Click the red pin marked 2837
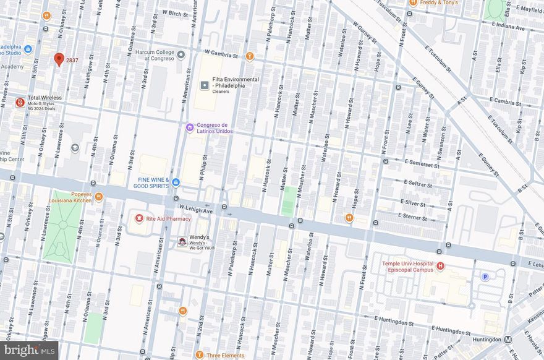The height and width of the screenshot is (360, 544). point(59,59)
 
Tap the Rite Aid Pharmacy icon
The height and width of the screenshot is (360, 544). point(140,219)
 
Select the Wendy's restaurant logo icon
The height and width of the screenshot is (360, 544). point(182,241)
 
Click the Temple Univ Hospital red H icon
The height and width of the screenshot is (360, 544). point(440,266)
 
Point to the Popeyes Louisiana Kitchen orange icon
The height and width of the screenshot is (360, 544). point(98,197)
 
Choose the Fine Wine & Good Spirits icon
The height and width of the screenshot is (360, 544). point(176,182)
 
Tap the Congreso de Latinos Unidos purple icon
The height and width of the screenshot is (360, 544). point(190,128)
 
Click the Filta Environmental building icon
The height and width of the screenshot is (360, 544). point(205,85)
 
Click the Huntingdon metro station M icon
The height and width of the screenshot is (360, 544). point(508,339)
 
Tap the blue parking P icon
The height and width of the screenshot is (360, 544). point(485,276)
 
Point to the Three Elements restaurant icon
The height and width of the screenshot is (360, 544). point(199,355)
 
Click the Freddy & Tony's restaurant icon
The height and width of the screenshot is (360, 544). point(413,2)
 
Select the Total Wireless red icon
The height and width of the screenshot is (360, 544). point(20,102)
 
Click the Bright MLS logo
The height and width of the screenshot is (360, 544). point(30,350)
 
